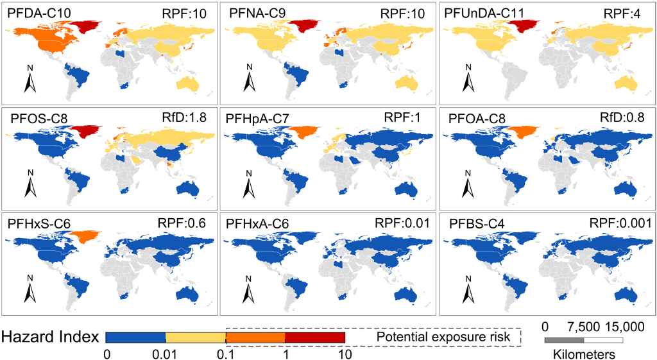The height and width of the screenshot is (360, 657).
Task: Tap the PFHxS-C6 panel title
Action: click(39, 223)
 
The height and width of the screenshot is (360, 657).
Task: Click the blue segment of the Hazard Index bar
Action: click(135, 337)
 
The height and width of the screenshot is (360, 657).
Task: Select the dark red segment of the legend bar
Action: click(314, 337)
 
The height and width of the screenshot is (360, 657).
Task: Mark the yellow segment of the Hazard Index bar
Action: click(195, 337)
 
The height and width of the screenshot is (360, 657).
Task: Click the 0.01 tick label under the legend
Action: click(165, 354)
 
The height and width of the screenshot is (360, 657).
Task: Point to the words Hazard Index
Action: click(50, 337)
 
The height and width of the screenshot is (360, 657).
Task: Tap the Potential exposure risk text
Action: click(443, 337)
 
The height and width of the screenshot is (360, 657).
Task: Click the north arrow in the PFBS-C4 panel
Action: click(468, 289)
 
